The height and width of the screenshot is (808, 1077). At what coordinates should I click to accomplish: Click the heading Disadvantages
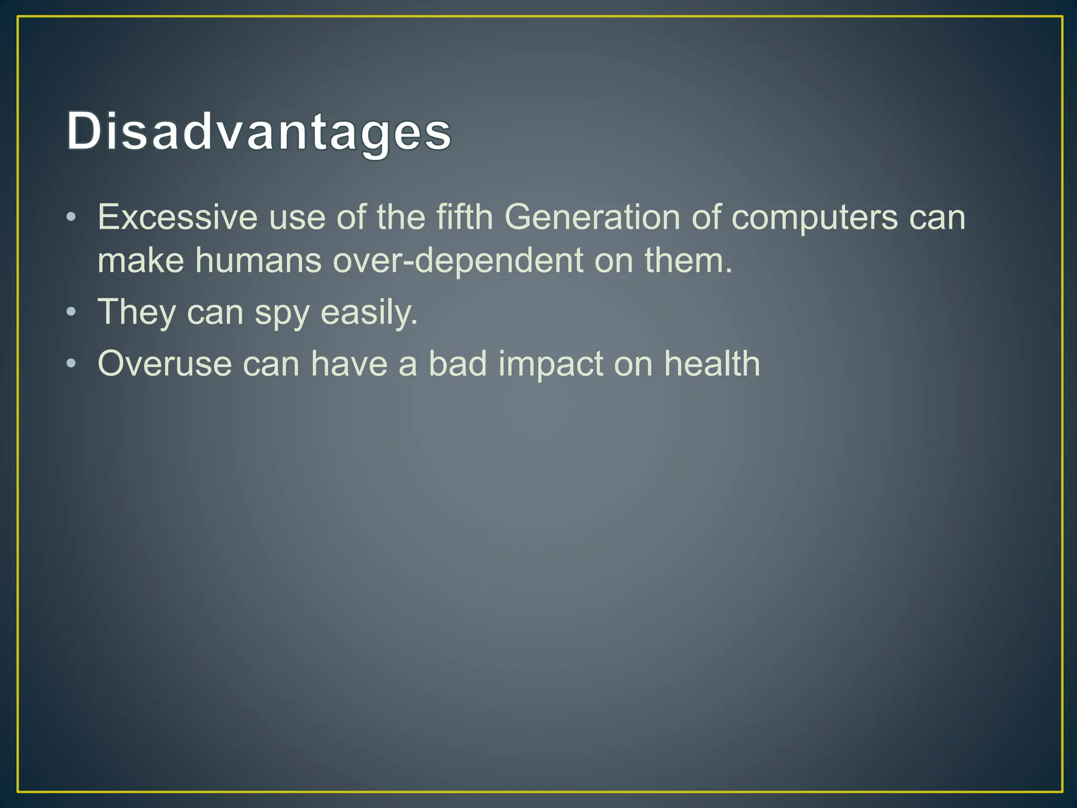[x=259, y=132]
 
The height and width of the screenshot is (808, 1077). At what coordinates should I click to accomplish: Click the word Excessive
[x=177, y=217]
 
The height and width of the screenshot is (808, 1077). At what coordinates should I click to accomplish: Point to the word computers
[x=815, y=217]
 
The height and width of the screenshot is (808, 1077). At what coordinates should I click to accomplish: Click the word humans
[x=258, y=260]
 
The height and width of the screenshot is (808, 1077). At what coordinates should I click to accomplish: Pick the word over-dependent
[x=458, y=260]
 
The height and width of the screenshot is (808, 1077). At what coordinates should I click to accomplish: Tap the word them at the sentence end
[x=688, y=260]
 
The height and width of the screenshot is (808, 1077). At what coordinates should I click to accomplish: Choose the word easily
[x=369, y=312]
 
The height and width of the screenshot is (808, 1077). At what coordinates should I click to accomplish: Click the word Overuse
[x=165, y=363]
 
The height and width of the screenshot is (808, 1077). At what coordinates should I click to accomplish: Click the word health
[x=712, y=363]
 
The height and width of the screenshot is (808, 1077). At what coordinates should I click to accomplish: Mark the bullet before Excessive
[x=72, y=217]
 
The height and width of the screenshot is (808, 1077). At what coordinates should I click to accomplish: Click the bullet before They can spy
[x=72, y=312]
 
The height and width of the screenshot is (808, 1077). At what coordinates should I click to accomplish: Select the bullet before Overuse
[x=72, y=364]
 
